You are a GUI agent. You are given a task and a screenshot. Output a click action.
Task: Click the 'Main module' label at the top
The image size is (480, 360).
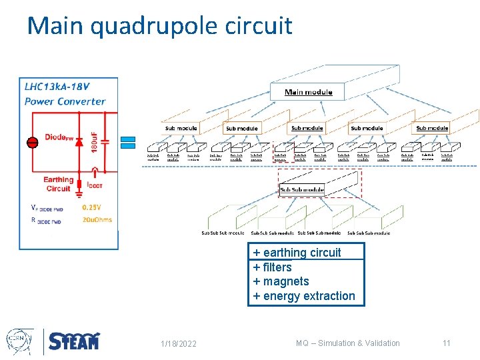[308, 92]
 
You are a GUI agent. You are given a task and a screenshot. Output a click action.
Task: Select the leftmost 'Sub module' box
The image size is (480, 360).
[181, 128]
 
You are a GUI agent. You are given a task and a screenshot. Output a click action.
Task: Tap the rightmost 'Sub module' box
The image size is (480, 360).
[432, 128]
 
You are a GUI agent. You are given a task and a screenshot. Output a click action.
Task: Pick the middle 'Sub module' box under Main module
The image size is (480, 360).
[307, 128]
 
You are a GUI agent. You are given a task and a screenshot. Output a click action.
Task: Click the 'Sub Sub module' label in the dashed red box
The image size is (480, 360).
[301, 190]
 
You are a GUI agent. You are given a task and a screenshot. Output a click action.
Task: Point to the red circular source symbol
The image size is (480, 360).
[31, 142]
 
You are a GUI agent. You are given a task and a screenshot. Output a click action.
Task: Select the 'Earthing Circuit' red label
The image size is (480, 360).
[58, 184]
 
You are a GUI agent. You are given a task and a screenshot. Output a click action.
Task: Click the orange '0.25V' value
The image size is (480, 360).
[91, 207]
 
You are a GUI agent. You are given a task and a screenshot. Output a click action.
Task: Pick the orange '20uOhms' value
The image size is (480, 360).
[97, 220]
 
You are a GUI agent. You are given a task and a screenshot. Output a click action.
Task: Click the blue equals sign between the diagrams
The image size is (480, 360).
[128, 142]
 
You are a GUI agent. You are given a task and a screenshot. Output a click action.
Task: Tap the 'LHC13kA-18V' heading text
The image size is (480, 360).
[55, 87]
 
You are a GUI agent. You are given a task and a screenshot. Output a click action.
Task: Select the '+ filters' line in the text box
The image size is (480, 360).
[273, 267]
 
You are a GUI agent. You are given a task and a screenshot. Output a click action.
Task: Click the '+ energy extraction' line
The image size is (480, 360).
[304, 296]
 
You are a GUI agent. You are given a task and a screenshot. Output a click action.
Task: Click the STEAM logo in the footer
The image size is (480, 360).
[74, 341]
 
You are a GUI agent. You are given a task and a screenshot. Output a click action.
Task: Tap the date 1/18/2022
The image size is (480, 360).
[179, 343]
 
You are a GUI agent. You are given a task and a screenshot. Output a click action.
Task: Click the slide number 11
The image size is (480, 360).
[447, 343]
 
